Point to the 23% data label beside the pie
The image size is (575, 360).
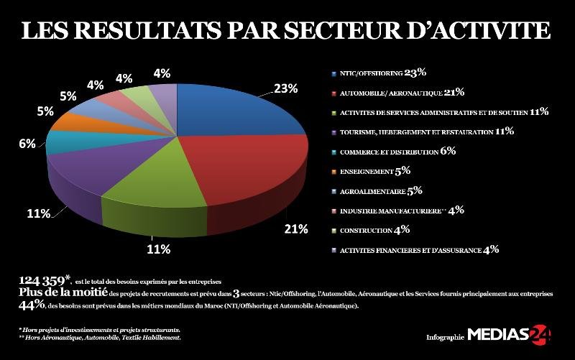tap(285, 88)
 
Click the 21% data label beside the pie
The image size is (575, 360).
tap(295, 229)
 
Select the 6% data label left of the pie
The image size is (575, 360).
tap(27, 144)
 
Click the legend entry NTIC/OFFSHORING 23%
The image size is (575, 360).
tap(378, 73)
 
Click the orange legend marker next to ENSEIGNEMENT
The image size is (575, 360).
tap(333, 172)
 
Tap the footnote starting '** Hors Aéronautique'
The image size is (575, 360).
tap(100, 337)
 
